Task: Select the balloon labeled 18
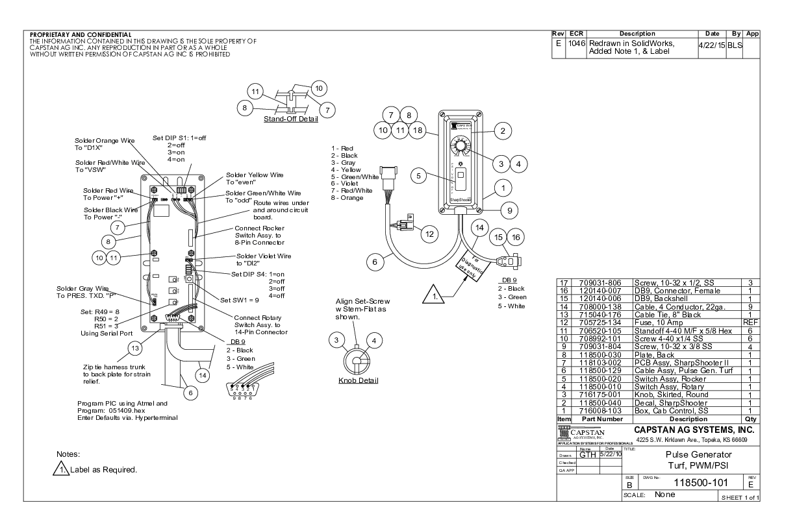pyautogui.click(x=418, y=130)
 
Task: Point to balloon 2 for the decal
pyautogui.click(x=501, y=130)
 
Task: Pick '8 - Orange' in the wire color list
pyautogui.click(x=347, y=198)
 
